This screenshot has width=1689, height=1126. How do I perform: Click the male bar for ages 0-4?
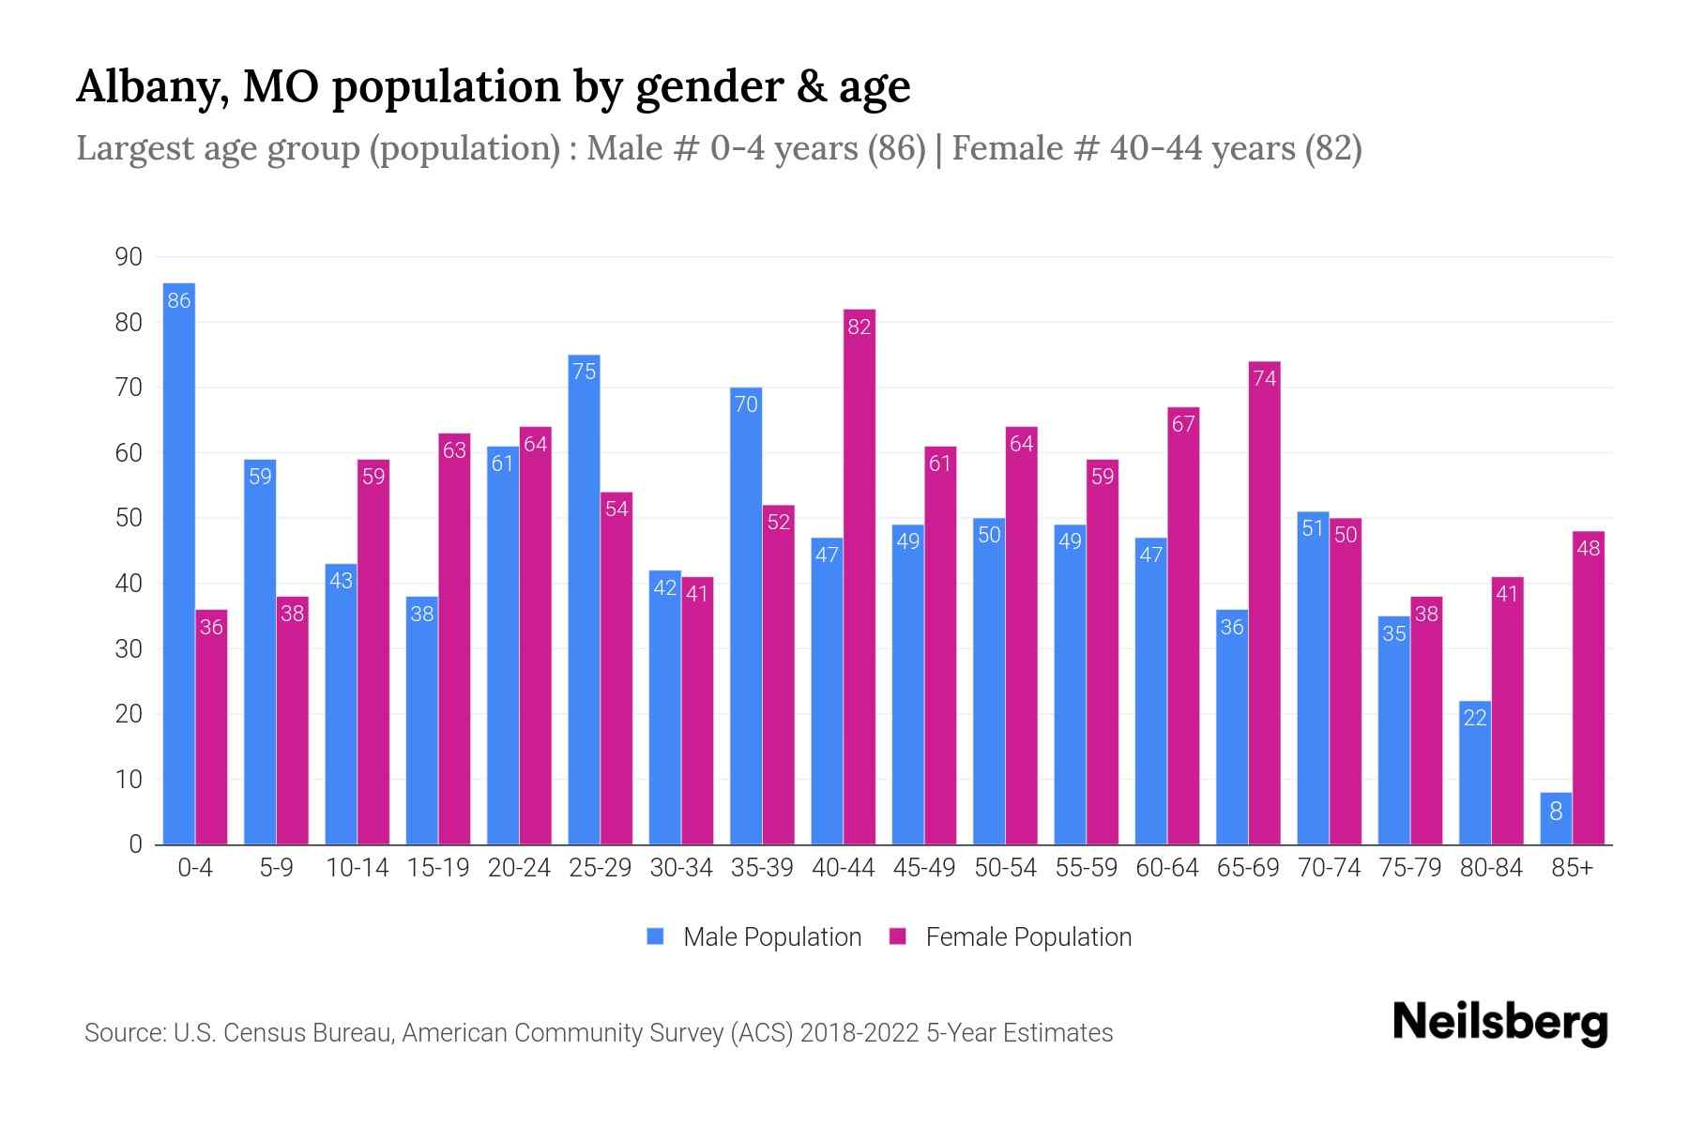tap(179, 563)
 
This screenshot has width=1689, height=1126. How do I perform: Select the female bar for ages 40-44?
tap(860, 577)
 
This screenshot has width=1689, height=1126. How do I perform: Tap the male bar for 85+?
tap(1556, 818)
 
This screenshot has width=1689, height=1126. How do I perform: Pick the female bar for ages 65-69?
tap(1265, 602)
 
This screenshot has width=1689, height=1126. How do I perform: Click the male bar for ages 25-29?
tap(584, 601)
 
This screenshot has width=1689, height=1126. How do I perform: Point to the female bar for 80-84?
tap(1507, 710)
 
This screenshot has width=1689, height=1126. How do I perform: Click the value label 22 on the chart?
tap(1475, 718)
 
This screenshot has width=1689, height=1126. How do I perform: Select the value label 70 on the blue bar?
tap(746, 404)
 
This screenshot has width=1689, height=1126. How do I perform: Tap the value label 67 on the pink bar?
tap(1183, 424)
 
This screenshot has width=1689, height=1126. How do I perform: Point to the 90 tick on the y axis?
tap(129, 257)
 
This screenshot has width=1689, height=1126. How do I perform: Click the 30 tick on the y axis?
tap(129, 649)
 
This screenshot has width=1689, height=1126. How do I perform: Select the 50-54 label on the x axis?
tap(1005, 868)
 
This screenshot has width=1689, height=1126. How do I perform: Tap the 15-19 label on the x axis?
tap(438, 868)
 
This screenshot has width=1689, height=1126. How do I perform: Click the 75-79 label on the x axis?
tap(1410, 868)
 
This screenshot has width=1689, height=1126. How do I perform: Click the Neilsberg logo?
tap(1499, 1023)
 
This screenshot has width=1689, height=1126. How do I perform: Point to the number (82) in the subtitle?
tap(1332, 148)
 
